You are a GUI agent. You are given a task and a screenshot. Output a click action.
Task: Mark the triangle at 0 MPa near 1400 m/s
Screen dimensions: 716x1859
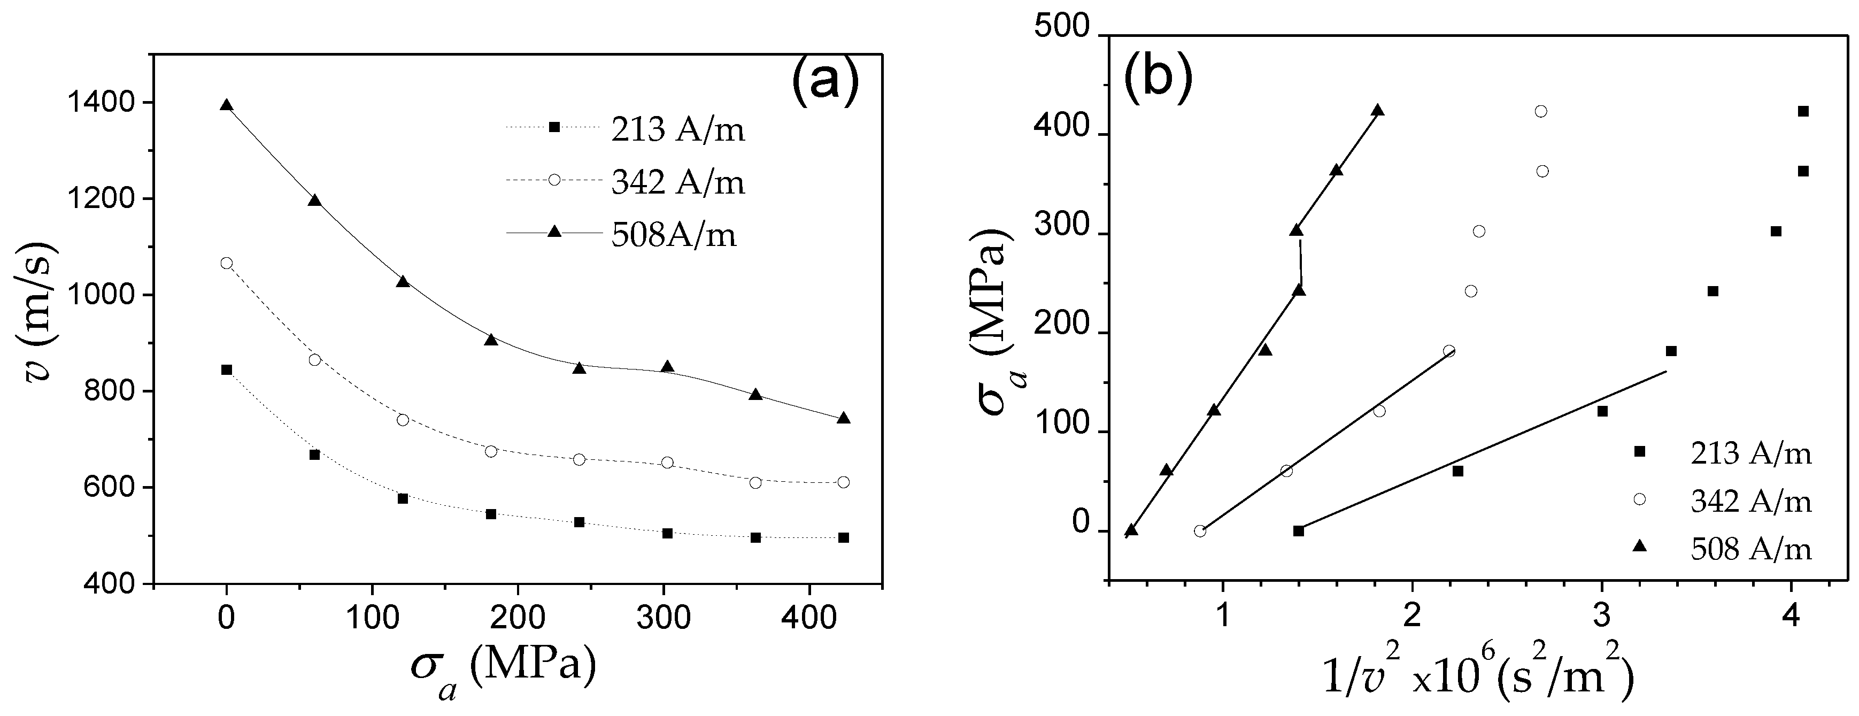(227, 105)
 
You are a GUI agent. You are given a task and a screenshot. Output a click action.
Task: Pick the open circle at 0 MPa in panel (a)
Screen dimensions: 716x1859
(227, 264)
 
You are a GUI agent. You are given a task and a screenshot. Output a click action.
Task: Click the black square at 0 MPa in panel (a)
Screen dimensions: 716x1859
(227, 369)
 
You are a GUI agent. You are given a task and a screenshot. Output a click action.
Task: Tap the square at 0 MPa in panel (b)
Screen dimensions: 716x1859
(1298, 531)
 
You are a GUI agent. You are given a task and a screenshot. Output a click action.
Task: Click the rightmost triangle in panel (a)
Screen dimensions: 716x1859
(843, 418)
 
